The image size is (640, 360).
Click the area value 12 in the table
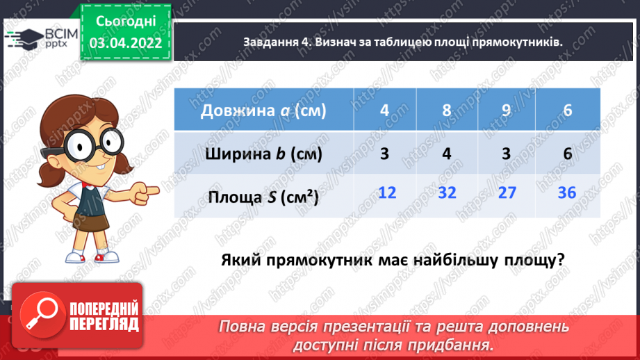(388, 192)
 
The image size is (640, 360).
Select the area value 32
(448, 192)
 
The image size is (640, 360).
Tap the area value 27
(507, 192)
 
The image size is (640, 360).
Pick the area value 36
(567, 192)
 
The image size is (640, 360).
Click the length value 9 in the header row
(507, 110)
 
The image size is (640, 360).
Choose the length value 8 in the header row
(448, 110)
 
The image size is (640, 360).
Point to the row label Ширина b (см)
(264, 154)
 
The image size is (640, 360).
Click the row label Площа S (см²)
(263, 197)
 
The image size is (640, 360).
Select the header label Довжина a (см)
(263, 111)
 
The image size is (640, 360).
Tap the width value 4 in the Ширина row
(448, 154)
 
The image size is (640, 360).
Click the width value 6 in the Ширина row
(567, 154)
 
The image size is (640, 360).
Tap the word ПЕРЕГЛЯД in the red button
(105, 324)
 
